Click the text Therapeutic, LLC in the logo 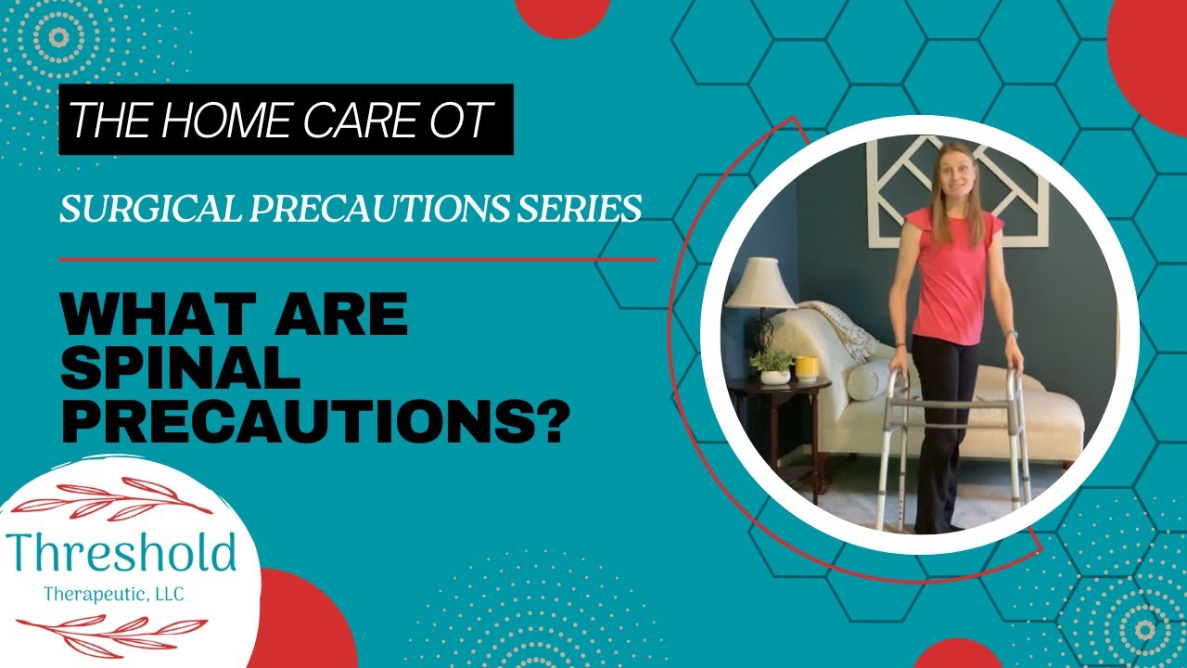[x=114, y=594]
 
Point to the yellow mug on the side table [x=807, y=367]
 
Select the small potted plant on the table [x=772, y=366]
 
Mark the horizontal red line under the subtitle [x=358, y=259]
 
